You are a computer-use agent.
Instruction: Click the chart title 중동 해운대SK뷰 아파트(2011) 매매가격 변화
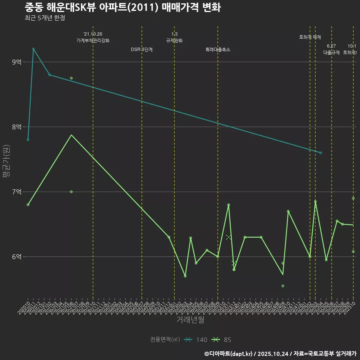123,7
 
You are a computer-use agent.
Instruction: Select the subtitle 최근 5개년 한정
45,18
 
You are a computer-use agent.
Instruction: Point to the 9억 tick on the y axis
17,62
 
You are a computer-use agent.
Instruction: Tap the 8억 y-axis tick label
17,127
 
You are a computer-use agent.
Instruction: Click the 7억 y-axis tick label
17,192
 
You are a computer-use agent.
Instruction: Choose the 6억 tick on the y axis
17,256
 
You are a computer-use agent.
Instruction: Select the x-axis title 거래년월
190,320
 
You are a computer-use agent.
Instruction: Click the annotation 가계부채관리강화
93,40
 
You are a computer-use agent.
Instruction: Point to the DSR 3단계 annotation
142,49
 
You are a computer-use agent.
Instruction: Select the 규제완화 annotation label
174,40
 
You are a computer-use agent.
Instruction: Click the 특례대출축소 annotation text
218,49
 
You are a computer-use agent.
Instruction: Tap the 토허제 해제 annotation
310,37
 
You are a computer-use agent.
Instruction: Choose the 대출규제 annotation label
331,53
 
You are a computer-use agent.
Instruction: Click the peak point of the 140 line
33,49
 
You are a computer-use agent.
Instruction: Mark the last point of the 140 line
321,153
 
